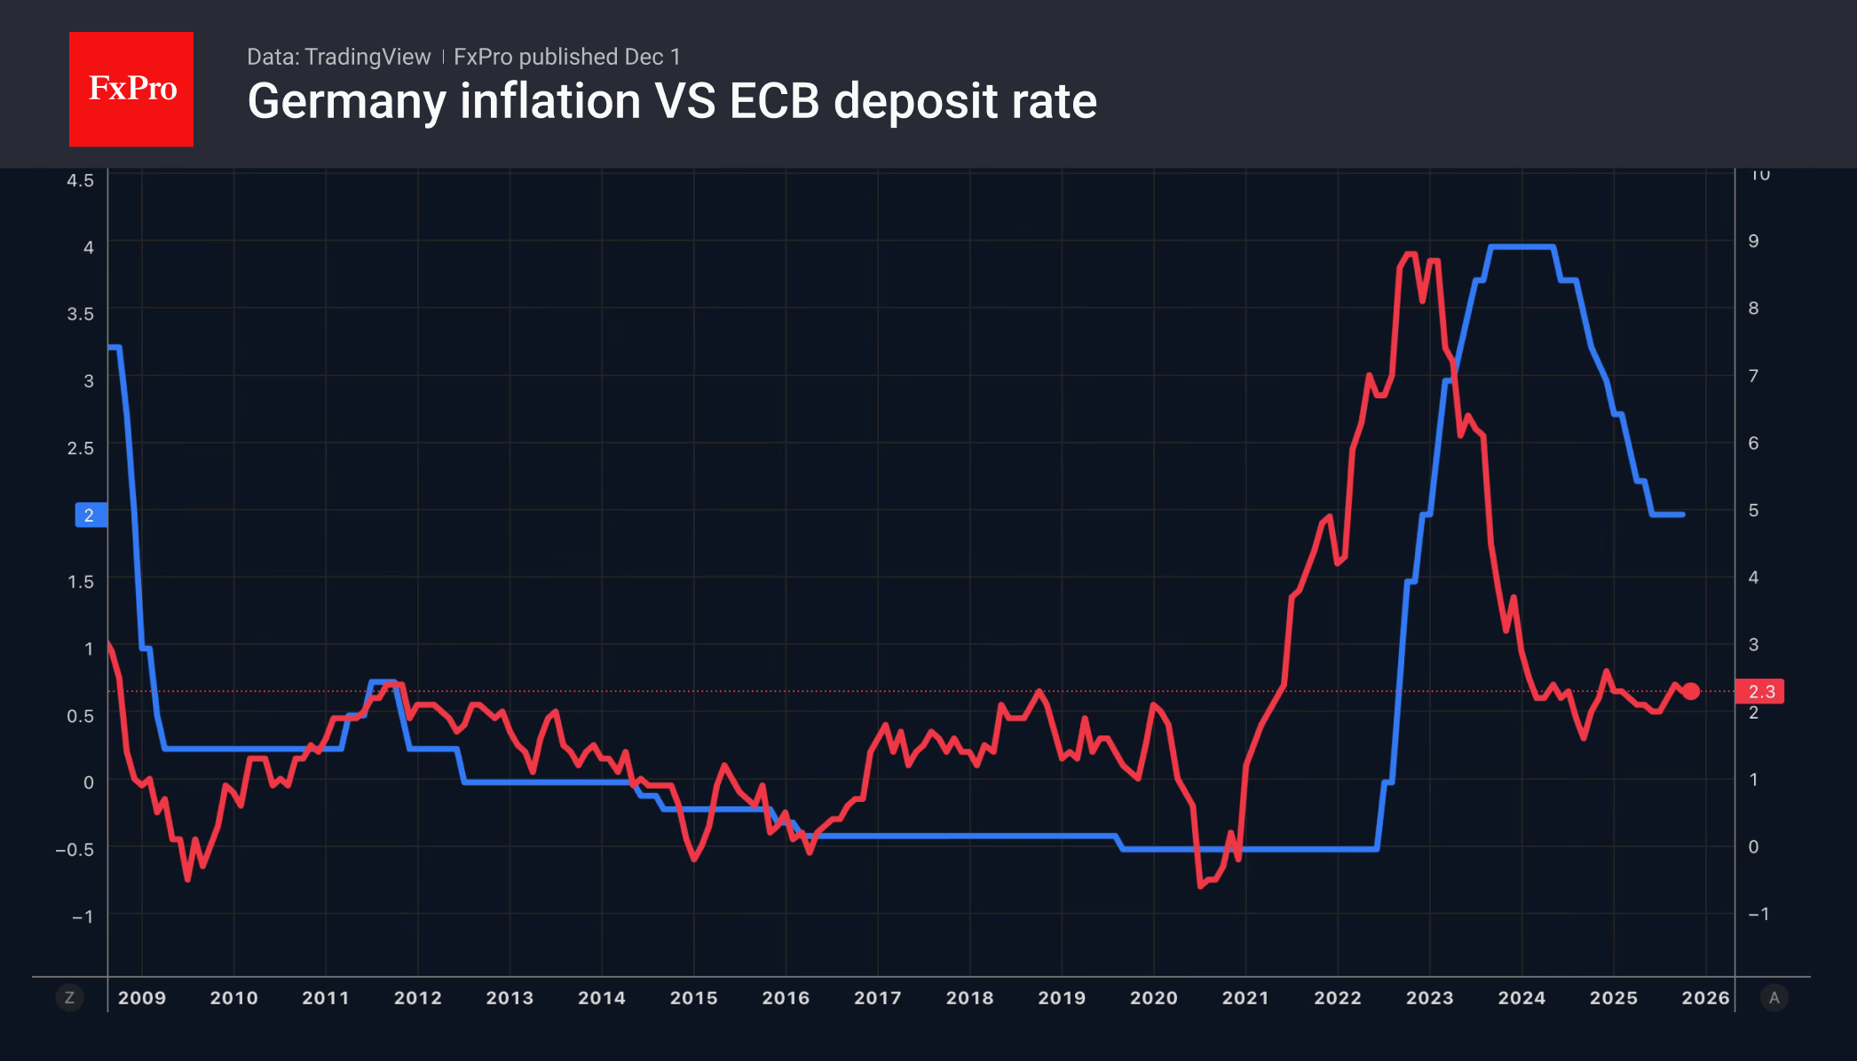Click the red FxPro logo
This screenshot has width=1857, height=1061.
[131, 89]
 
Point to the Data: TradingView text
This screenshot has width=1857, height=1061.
[338, 57]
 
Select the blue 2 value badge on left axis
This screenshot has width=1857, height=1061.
[90, 515]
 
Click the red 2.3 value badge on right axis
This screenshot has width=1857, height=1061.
[1760, 691]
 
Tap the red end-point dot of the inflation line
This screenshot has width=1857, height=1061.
[1691, 691]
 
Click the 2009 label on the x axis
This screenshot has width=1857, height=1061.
[142, 998]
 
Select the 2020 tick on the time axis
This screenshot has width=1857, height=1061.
[1154, 998]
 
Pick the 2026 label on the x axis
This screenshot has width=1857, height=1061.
[1705, 998]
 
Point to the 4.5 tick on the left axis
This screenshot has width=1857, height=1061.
[80, 180]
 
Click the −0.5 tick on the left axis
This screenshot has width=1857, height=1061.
[75, 850]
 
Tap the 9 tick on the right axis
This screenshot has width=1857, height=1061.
[1753, 241]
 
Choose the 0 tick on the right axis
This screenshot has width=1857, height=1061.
[1753, 847]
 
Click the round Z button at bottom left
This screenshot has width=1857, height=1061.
[70, 998]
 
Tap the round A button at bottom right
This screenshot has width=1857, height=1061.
[1774, 998]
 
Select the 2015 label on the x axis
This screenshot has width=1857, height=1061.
[694, 998]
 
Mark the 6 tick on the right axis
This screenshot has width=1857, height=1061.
[1753, 444]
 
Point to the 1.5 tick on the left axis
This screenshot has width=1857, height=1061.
[80, 582]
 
